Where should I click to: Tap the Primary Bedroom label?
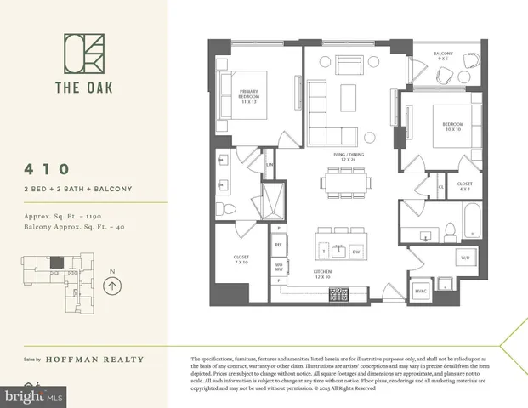[249, 96]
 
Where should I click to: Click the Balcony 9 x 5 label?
[442, 56]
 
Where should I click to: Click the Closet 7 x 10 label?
[241, 260]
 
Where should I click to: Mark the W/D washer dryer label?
[465, 258]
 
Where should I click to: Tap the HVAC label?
[421, 292]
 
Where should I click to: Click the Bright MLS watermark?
[34, 396]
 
